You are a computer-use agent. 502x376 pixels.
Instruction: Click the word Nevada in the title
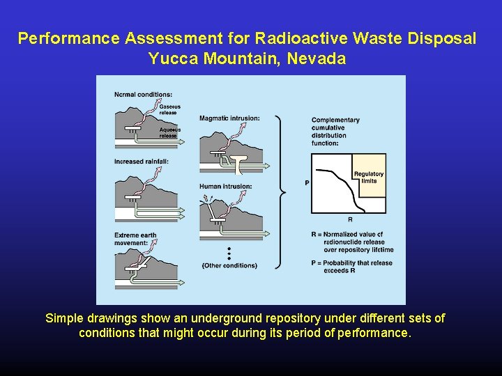pyautogui.click(x=317, y=58)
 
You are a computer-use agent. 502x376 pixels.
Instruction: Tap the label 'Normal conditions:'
pyautogui.click(x=144, y=95)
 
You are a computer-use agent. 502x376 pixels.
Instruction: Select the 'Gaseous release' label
pyautogui.click(x=169, y=109)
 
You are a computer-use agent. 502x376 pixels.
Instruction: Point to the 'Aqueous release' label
pyautogui.click(x=169, y=132)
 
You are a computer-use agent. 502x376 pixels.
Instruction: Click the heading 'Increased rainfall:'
pyautogui.click(x=142, y=162)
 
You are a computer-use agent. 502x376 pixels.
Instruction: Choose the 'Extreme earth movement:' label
pyautogui.click(x=135, y=239)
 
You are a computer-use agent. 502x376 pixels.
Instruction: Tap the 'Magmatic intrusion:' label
pyautogui.click(x=229, y=118)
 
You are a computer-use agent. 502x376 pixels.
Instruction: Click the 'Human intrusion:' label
pyautogui.click(x=225, y=187)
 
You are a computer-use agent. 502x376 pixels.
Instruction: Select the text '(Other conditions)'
pyautogui.click(x=229, y=265)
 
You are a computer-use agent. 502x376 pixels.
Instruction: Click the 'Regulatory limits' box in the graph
pyautogui.click(x=369, y=178)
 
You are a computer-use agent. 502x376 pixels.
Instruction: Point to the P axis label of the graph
pyautogui.click(x=307, y=183)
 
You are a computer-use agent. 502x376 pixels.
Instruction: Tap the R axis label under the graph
pyautogui.click(x=350, y=219)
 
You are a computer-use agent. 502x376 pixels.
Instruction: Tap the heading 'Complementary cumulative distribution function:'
pyautogui.click(x=335, y=132)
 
